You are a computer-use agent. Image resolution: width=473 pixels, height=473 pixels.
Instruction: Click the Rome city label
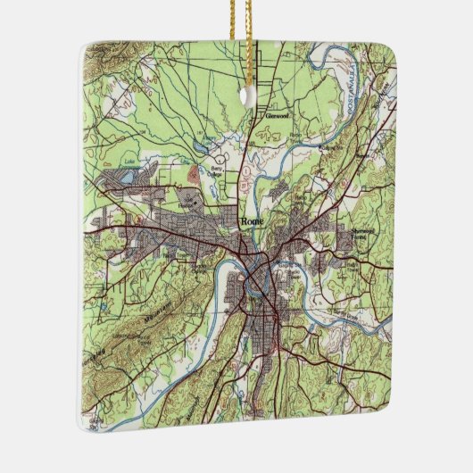pos(248,223)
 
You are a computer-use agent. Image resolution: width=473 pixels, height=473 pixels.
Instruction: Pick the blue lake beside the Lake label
pos(128,178)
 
